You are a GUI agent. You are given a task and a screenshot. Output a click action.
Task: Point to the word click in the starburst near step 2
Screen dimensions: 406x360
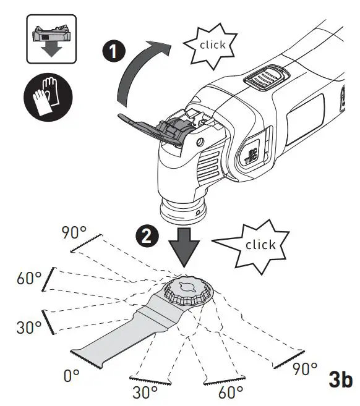260,245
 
